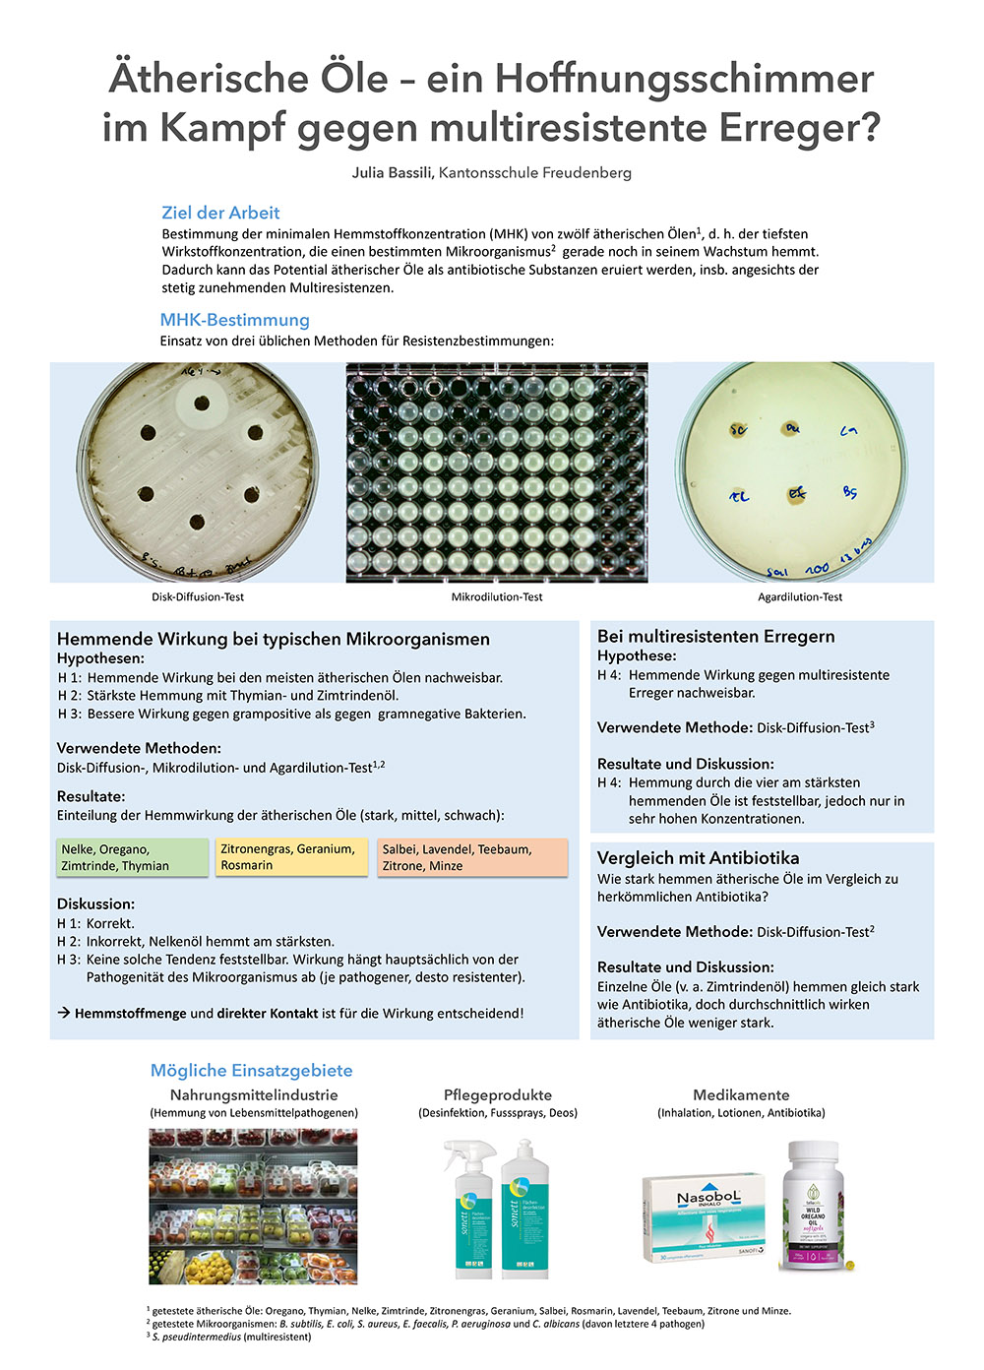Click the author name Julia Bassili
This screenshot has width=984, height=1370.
click(393, 173)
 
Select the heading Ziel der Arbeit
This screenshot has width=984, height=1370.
click(220, 213)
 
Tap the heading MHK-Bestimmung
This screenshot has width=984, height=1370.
click(234, 320)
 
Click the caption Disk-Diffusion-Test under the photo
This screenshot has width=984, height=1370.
click(198, 597)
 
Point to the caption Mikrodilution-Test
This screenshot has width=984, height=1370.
click(497, 597)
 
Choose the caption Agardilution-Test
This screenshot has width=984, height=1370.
click(800, 597)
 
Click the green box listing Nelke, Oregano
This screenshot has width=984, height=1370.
click(132, 857)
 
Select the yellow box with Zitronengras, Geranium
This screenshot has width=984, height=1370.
click(292, 857)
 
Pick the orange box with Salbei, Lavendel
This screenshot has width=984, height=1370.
click(472, 857)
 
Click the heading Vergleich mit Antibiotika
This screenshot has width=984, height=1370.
click(698, 858)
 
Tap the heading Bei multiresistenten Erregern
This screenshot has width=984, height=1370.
click(715, 637)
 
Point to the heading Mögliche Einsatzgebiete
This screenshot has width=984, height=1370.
click(251, 1071)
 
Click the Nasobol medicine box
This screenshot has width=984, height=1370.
click(704, 1216)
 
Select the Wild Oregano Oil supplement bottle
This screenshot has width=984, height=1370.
click(813, 1206)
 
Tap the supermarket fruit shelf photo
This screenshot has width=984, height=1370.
click(253, 1206)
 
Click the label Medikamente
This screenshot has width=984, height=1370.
click(741, 1095)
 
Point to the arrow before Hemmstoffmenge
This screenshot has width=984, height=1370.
click(64, 1013)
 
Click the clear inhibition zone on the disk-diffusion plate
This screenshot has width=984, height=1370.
click(202, 403)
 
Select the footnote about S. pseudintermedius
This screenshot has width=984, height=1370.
click(231, 1337)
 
